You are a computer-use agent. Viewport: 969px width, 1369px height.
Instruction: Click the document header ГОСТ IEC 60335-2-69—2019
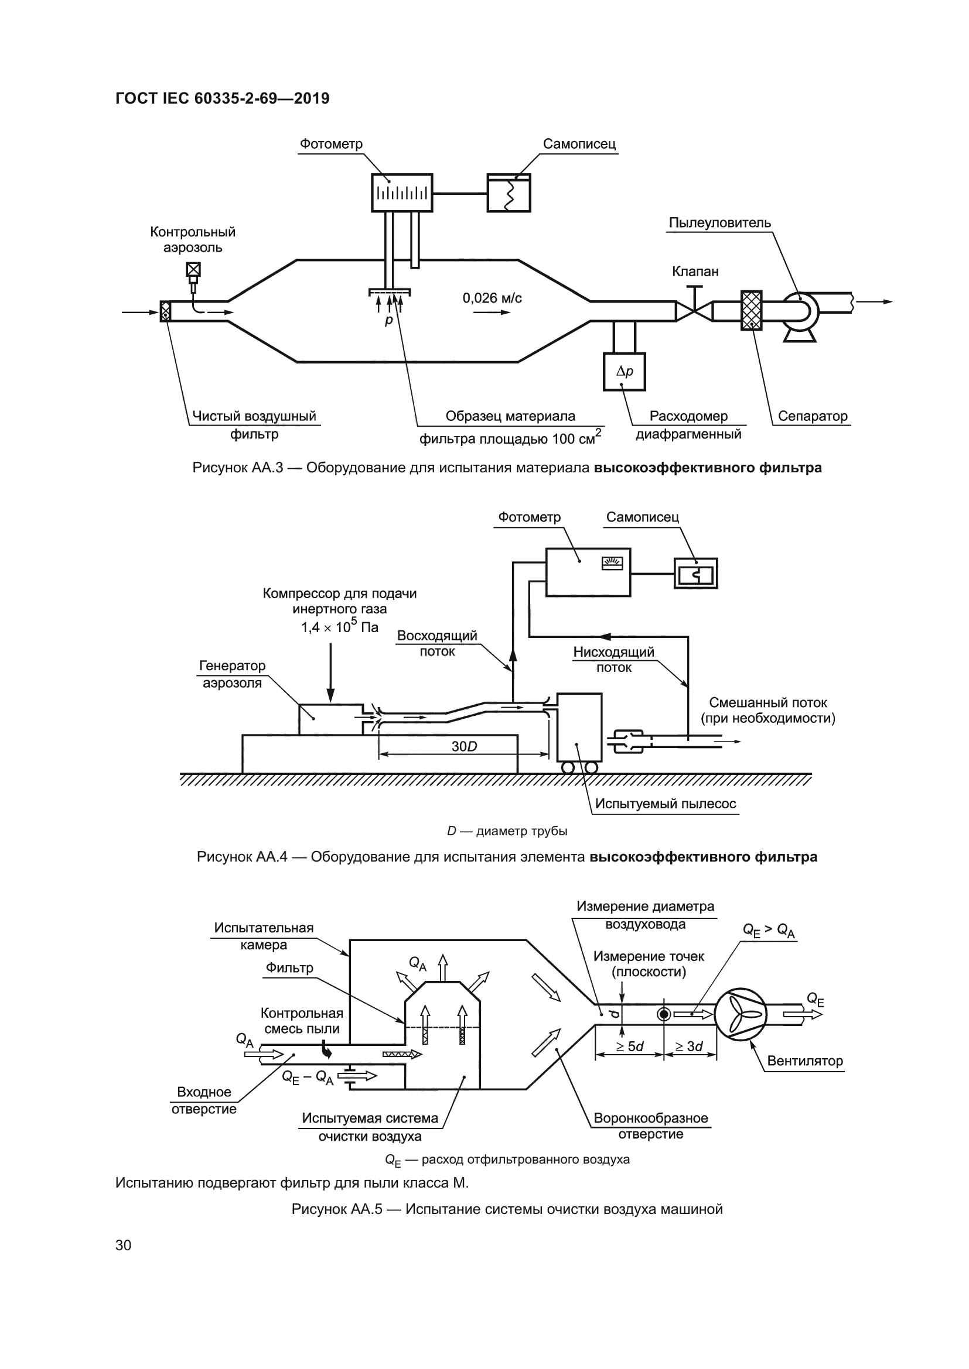pos(222,98)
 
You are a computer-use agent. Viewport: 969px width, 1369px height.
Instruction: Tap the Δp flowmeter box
pos(624,372)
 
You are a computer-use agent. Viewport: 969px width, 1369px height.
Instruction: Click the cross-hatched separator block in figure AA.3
pos(751,310)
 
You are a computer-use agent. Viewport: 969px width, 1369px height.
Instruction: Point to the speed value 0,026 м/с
pos(492,298)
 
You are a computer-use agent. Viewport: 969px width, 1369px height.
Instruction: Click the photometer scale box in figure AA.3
pos(401,193)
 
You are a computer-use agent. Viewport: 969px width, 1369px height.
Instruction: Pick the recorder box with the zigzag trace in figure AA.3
pos(509,193)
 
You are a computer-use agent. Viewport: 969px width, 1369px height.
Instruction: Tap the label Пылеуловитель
pos(719,223)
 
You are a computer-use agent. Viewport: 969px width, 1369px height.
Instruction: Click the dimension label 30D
pos(464,746)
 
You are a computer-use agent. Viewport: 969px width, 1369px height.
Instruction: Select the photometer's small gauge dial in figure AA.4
pos(612,562)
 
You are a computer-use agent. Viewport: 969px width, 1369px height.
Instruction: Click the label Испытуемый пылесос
pos(666,804)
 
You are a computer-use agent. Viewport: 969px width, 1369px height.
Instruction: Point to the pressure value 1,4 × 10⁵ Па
pos(340,627)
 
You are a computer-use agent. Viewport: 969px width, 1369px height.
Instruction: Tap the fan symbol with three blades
pos(741,1014)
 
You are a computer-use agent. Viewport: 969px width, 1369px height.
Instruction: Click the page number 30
pos(124,1245)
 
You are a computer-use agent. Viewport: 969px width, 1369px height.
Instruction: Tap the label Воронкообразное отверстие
pos(650,1126)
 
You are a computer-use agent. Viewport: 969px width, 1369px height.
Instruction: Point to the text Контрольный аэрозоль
pos(193,240)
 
